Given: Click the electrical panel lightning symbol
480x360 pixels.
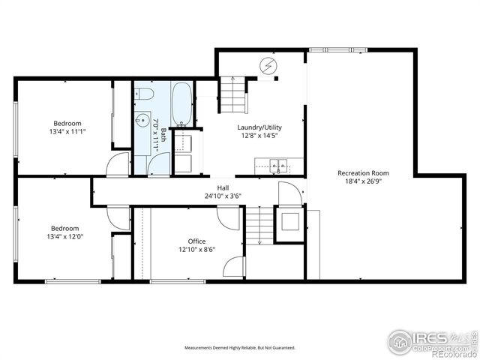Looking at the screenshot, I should tap(268, 66).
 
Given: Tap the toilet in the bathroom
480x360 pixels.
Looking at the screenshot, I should tap(145, 94).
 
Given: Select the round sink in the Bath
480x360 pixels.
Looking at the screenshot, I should tap(142, 120).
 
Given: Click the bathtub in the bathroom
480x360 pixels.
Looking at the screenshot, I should tap(181, 105).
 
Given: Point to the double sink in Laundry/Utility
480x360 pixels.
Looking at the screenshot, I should tap(278, 163).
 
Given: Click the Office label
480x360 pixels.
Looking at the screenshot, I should tap(196, 241).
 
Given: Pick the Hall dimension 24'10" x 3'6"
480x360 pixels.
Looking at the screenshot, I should tap(223, 196).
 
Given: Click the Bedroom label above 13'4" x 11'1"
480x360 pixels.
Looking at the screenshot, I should tap(67, 124).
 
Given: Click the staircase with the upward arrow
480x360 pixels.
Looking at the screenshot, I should tap(232, 94).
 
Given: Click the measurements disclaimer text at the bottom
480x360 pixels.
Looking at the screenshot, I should tap(240, 348).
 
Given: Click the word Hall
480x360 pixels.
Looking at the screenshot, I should tap(223, 188).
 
